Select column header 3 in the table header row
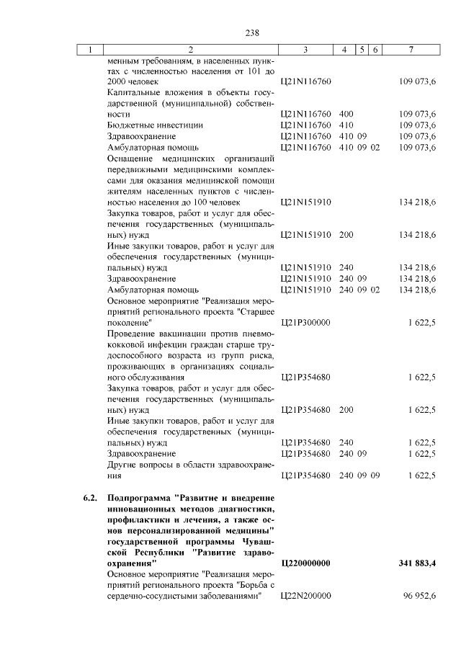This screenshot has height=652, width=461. click(x=306, y=50)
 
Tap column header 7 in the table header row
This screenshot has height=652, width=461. click(x=411, y=50)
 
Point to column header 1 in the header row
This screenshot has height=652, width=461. click(x=91, y=50)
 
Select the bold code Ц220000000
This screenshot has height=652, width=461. click(x=305, y=563)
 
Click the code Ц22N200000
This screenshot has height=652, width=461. click(x=305, y=596)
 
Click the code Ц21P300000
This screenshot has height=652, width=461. click(x=305, y=322)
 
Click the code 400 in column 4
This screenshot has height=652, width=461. click(x=346, y=114)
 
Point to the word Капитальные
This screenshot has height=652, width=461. click(x=133, y=93)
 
